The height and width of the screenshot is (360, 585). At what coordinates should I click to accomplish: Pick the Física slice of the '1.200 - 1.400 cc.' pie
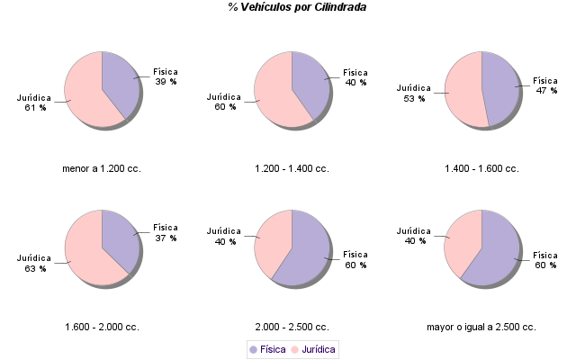click(310, 80)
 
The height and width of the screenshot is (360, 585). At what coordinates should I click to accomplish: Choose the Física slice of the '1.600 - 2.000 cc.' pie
click(119, 236)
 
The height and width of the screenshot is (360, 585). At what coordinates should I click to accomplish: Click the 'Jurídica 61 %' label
click(34, 102)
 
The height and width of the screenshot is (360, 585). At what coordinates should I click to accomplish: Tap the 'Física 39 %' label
click(166, 76)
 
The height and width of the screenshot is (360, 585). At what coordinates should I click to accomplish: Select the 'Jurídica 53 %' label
click(414, 93)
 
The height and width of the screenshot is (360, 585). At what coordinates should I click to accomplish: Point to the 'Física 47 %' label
click(546, 85)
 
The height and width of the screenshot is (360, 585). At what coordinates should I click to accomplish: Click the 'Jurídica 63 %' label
click(34, 263)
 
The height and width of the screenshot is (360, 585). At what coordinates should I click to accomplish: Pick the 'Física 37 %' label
click(166, 232)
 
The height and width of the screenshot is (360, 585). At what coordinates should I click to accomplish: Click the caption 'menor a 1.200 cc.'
click(102, 168)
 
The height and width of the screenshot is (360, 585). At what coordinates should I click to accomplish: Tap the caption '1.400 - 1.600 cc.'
click(481, 168)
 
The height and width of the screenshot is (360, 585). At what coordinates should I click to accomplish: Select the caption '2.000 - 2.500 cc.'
click(292, 327)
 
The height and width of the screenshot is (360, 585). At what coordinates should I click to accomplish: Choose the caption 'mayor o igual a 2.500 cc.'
click(481, 327)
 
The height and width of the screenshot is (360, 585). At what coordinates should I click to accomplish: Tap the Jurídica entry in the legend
click(312, 349)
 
